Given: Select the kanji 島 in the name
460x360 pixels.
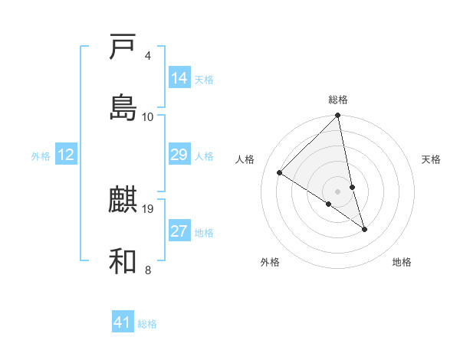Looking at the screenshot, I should tap(123, 107).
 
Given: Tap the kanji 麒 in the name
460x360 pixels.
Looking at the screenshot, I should tap(123, 201).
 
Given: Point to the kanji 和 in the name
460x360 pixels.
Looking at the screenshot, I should tap(123, 261).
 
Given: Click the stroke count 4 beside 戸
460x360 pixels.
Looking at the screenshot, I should tap(148, 56).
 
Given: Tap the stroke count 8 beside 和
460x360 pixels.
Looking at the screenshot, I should tap(148, 270).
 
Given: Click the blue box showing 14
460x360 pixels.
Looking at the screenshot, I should tap(179, 78).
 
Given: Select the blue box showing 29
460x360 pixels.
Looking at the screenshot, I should tap(179, 155).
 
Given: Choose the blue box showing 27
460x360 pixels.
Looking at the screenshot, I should tap(179, 232).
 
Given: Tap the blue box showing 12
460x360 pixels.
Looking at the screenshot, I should tap(66, 155).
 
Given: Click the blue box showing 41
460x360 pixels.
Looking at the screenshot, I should tap(123, 322).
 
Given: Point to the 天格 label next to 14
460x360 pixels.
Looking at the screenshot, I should tap(204, 80).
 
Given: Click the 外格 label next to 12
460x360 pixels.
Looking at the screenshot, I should tap(41, 156).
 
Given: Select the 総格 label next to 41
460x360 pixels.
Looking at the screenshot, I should tap(147, 324).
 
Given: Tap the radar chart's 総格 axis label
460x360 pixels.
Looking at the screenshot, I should tap(338, 100).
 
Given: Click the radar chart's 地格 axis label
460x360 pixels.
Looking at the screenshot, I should tap(402, 262).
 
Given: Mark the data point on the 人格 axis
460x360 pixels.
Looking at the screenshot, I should tap(280, 173).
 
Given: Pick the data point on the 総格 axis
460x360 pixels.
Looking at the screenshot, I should tap(338, 116).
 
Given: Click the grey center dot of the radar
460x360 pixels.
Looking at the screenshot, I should tap(338, 191).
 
